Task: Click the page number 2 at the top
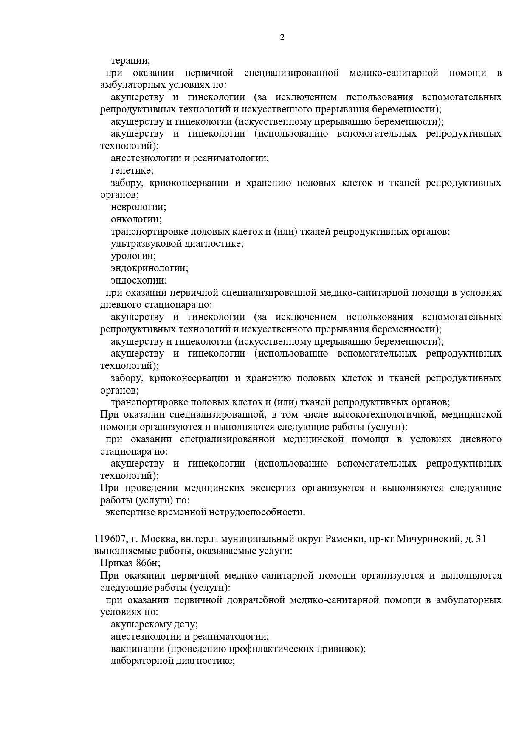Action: click(x=282, y=38)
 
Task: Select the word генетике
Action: click(x=132, y=171)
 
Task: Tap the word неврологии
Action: click(x=138, y=207)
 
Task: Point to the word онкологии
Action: click(x=136, y=219)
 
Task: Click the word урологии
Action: click(x=133, y=256)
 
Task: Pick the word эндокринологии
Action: click(x=149, y=268)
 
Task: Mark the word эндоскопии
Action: click(x=138, y=281)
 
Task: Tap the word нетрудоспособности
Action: click(x=256, y=512)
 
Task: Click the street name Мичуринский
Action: click(x=428, y=540)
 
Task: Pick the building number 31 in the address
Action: click(x=481, y=540)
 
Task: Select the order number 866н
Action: click(x=148, y=564)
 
